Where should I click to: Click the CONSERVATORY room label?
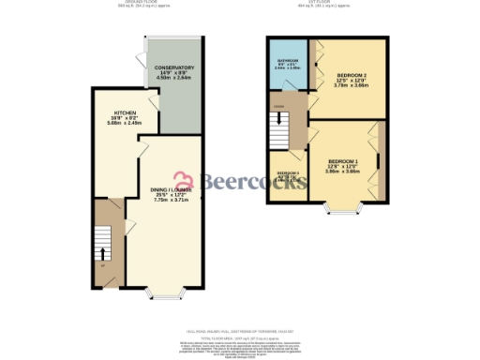174,67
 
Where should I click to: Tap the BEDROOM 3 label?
287,172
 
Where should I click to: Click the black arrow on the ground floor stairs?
103,253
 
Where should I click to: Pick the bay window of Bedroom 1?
337,207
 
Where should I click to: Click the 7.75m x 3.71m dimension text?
172,200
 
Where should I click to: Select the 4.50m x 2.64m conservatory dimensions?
174,79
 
